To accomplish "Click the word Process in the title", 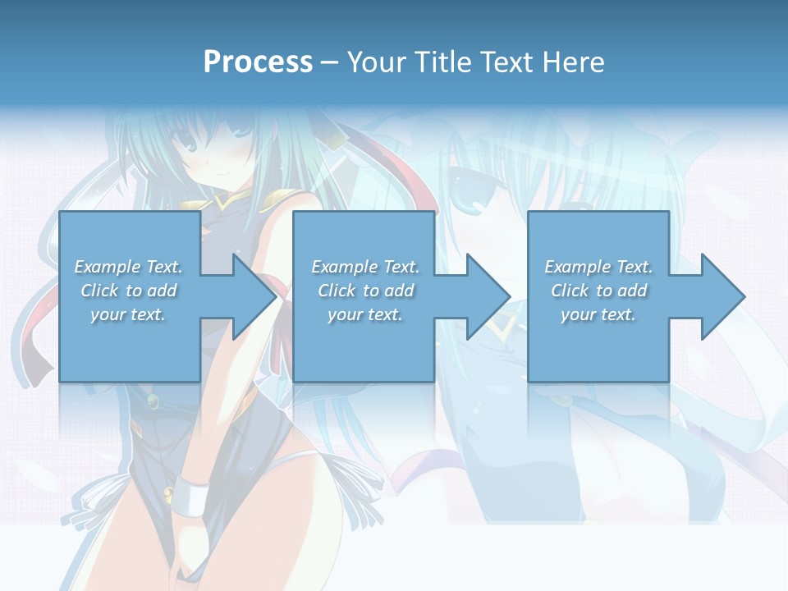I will click(258, 62).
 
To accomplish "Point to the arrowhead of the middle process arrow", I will click(488, 296).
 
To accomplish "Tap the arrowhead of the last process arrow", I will click(722, 296).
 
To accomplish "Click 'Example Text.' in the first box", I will click(128, 267).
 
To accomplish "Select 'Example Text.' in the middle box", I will click(364, 267).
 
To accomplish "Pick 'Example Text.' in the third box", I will click(598, 267).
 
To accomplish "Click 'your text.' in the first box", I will click(128, 314).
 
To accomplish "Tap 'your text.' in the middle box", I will click(364, 314).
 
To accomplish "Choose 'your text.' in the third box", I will click(598, 314).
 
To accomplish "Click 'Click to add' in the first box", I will click(128, 291).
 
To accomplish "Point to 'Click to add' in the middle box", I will click(364, 291).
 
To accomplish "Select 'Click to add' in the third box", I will click(598, 291).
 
